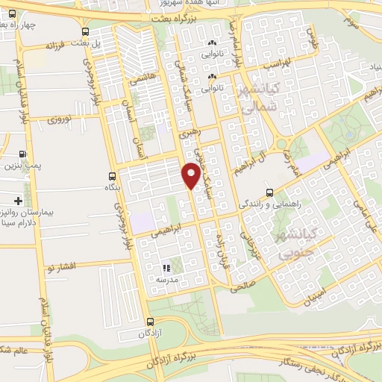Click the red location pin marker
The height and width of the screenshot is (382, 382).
191,175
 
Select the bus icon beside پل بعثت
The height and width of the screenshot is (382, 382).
86,32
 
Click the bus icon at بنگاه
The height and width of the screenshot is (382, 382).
112,178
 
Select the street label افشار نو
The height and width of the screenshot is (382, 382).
66,265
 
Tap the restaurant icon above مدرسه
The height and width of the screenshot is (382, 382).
166,267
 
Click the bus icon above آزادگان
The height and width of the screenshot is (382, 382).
148,322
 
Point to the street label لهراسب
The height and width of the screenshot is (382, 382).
277,63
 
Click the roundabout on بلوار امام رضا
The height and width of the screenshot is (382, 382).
281,145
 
